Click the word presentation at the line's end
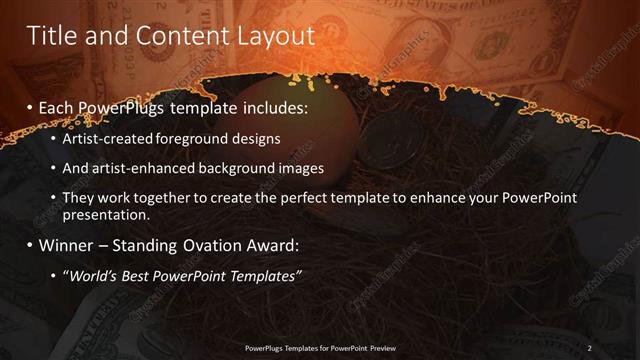pyautogui.click(x=106, y=214)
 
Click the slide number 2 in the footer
pyautogui.click(x=589, y=348)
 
